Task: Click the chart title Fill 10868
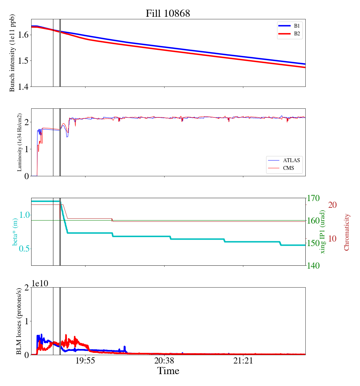[168, 14]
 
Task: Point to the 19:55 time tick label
[85, 361]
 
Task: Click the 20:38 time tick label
[164, 361]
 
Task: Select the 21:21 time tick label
[243, 361]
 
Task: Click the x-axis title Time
[168, 371]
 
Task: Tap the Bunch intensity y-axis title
[12, 53]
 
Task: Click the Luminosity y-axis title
[20, 142]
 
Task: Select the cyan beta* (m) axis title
[15, 231]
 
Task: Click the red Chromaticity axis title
[346, 232]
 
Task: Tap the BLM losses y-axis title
[20, 321]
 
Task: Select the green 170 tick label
[313, 198]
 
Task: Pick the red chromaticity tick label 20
[333, 205]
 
